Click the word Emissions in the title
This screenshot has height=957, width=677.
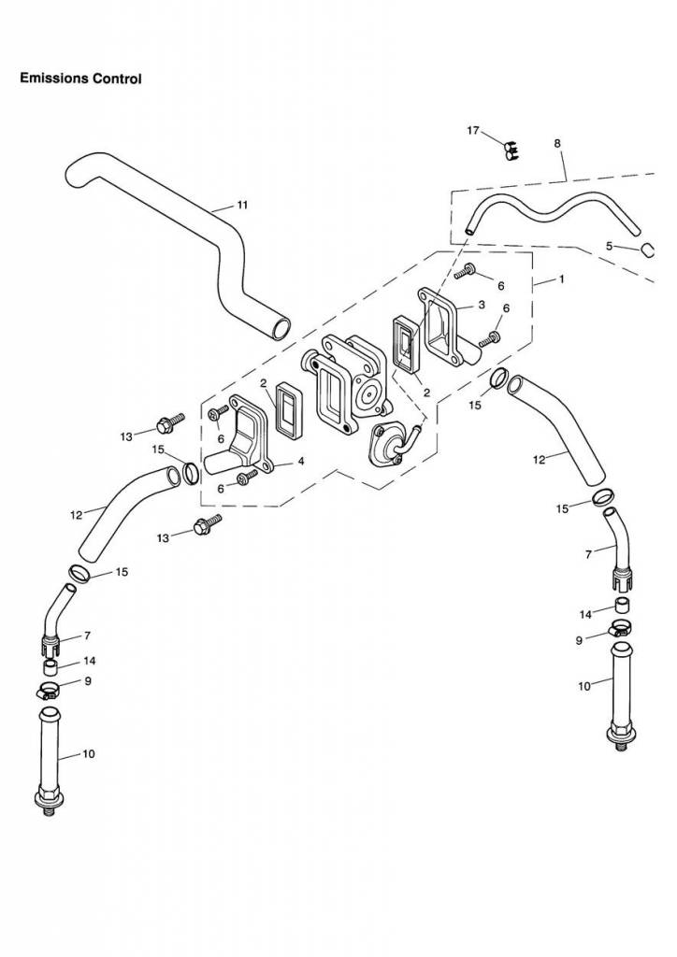point(52,79)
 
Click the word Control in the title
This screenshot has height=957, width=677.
point(116,79)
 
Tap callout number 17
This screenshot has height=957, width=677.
point(474,131)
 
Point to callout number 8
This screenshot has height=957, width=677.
point(557,143)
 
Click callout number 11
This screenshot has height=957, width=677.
point(242,204)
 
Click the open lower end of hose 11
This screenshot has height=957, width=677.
point(279,328)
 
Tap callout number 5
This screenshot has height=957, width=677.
point(609,246)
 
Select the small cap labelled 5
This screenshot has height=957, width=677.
point(645,249)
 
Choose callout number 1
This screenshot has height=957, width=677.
point(561,279)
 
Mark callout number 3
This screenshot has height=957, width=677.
point(481,305)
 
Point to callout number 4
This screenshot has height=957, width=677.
point(301,461)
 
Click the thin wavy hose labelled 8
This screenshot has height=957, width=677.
point(552,211)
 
